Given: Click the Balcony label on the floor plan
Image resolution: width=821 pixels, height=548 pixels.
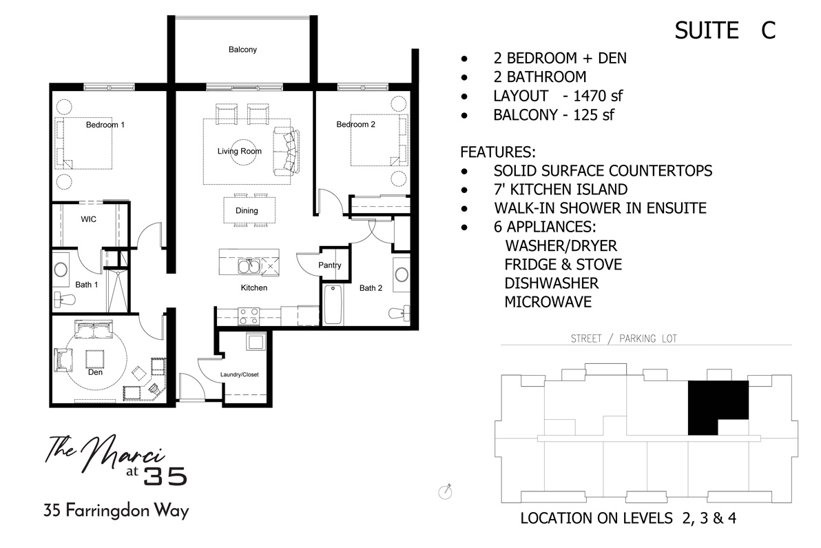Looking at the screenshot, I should [x=242, y=50].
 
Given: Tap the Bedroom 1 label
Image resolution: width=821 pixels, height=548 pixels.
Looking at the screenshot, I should [x=105, y=125].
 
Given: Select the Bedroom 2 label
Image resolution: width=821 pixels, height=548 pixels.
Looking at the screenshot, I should [x=355, y=125].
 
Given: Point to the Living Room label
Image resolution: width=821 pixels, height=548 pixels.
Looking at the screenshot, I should [x=240, y=152].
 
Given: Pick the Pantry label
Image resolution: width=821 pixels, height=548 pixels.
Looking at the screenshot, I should [x=330, y=265].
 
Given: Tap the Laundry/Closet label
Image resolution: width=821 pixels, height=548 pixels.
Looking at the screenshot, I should [x=239, y=375].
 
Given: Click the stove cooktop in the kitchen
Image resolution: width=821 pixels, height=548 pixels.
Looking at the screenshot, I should [x=248, y=316].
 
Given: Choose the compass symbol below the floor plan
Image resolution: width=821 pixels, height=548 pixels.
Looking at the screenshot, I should [x=445, y=491].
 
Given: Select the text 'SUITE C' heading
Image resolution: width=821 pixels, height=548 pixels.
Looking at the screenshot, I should [x=725, y=31].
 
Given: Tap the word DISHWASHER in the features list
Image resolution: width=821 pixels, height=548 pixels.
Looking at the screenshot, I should [x=551, y=283].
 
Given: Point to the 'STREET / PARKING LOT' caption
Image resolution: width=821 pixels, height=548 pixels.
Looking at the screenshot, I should [x=623, y=338].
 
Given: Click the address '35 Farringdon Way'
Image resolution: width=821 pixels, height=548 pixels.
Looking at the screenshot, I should [x=116, y=511].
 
